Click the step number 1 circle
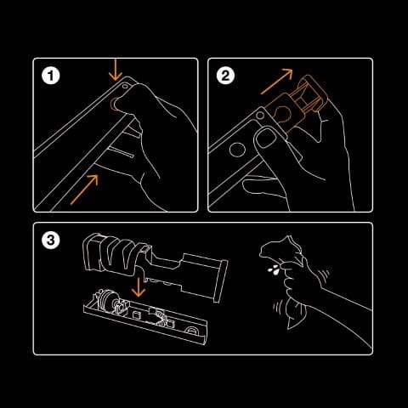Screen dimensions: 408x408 pos(54,76)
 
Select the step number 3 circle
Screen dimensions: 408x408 pos(54,241)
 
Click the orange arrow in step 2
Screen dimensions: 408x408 pos(278,83)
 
